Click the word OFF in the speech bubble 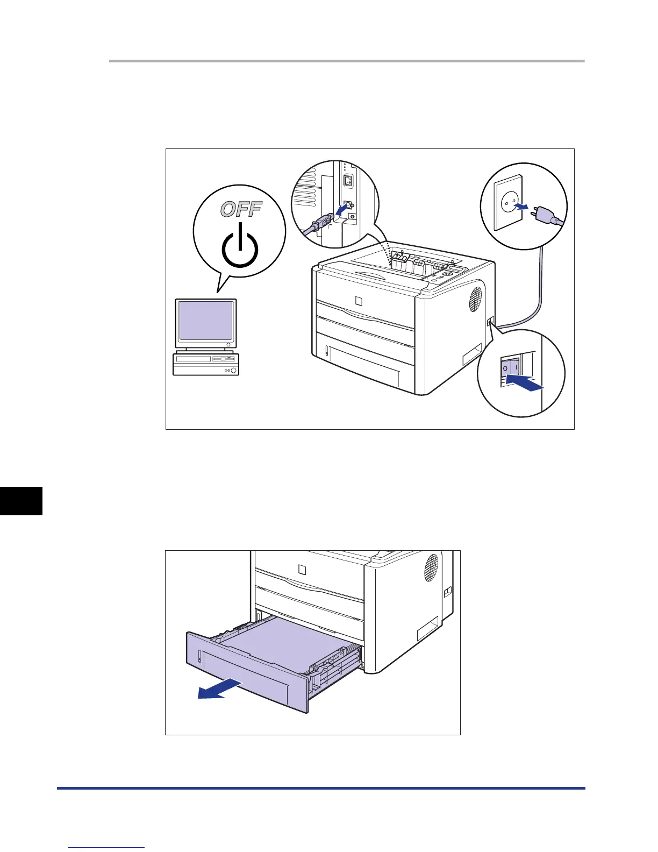pyautogui.click(x=241, y=209)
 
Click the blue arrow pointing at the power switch pyautogui.click(x=525, y=383)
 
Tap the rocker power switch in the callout pyautogui.click(x=510, y=368)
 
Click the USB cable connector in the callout pyautogui.click(x=321, y=222)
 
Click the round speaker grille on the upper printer pyautogui.click(x=476, y=299)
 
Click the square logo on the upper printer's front pyautogui.click(x=360, y=300)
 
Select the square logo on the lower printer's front pyautogui.click(x=302, y=570)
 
